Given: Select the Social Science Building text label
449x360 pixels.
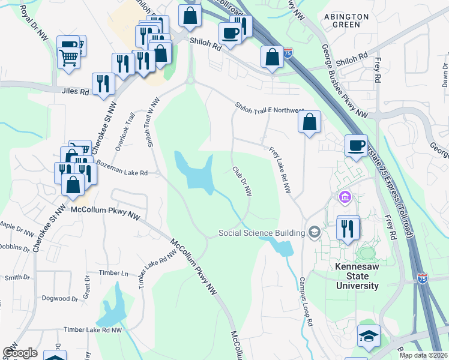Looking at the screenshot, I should click(262, 233).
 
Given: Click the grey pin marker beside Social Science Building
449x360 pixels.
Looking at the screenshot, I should click(314, 232).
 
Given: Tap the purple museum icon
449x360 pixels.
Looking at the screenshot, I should click(345, 197).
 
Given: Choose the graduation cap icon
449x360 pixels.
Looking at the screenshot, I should click(369, 337).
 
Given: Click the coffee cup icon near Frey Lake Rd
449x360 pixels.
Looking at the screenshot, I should click(356, 146).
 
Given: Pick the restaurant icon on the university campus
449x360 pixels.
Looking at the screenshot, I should click(348, 228).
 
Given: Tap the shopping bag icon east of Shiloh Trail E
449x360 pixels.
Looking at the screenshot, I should click(309, 122).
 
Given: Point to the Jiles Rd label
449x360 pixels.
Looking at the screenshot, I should click(74, 92).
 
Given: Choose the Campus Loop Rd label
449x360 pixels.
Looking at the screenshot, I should click(306, 302).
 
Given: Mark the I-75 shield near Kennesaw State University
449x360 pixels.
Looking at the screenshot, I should click(424, 279).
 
